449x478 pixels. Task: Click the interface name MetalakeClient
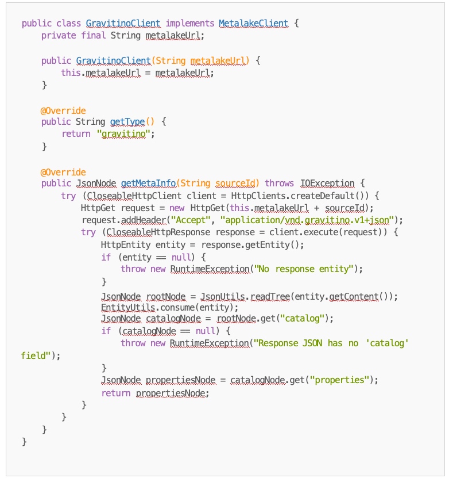tap(253, 24)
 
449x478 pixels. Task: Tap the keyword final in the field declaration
tap(91, 36)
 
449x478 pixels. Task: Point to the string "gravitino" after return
tap(126, 134)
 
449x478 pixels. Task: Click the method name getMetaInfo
tap(148, 183)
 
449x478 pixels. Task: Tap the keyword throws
tap(279, 183)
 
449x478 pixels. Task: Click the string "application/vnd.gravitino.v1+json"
tap(308, 220)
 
